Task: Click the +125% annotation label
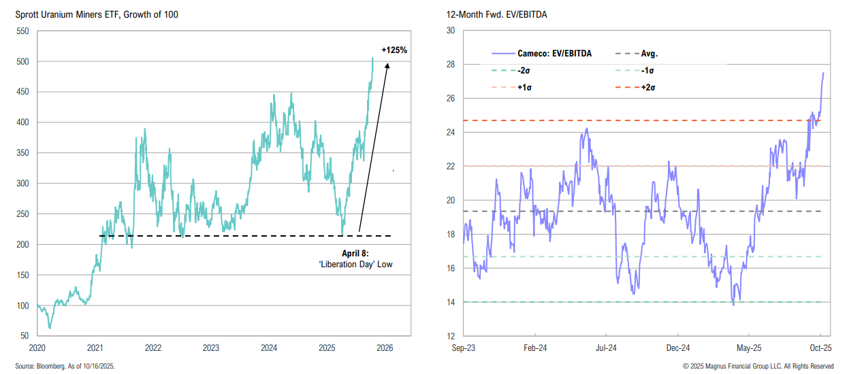(x=394, y=50)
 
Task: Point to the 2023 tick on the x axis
(x=211, y=347)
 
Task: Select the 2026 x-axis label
(x=385, y=347)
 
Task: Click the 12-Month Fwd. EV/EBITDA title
(x=483, y=14)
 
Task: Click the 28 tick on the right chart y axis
(x=450, y=65)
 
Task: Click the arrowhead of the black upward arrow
(x=387, y=65)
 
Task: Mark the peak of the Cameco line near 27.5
(x=823, y=73)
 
